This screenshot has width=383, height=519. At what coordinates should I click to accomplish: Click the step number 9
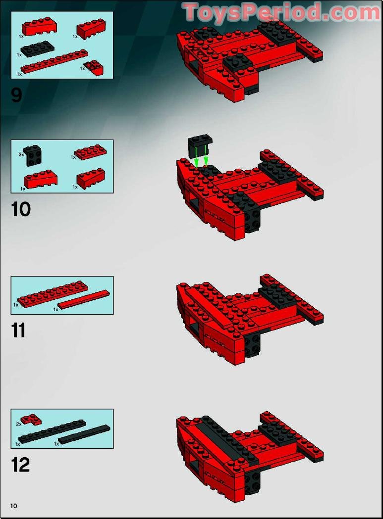(x=16, y=95)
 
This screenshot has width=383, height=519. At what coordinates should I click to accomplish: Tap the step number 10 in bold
(x=21, y=209)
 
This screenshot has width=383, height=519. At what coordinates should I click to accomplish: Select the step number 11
(x=18, y=330)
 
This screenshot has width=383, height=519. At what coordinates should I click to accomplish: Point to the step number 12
(x=20, y=465)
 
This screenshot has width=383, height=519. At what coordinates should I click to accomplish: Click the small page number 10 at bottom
(x=13, y=506)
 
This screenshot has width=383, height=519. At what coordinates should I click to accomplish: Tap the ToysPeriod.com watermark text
(x=282, y=12)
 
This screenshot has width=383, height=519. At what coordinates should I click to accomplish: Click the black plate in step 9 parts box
(x=37, y=48)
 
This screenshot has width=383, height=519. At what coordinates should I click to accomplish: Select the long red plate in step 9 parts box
(x=55, y=61)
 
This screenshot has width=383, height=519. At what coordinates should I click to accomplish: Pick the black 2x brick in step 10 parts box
(x=33, y=155)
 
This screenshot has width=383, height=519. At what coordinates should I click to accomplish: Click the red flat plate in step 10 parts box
(x=90, y=152)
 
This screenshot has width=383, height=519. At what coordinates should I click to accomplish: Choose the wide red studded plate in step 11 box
(x=53, y=294)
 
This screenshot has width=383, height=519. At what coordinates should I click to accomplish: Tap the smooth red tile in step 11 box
(x=84, y=299)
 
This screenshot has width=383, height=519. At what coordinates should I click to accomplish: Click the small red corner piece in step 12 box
(x=31, y=420)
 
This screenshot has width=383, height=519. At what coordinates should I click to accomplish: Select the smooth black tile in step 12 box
(x=84, y=435)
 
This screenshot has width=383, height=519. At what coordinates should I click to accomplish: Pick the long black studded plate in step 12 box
(x=52, y=431)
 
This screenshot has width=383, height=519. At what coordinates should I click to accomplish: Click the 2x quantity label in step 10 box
(x=21, y=154)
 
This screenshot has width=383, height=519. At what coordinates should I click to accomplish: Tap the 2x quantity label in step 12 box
(x=18, y=424)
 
